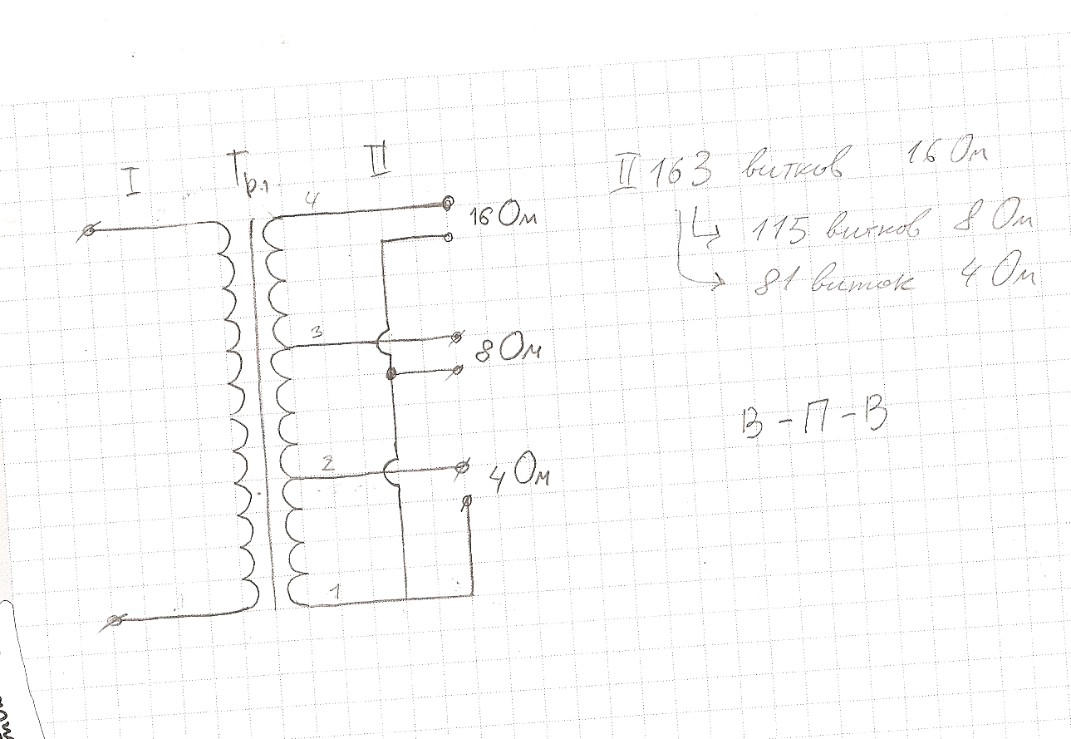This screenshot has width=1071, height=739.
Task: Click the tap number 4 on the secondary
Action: (x=309, y=200)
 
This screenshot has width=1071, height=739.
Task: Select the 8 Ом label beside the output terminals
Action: (x=506, y=350)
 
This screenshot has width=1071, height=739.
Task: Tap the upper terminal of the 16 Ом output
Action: (x=447, y=202)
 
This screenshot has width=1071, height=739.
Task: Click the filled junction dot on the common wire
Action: (x=391, y=374)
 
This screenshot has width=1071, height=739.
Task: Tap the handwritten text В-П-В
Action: (x=808, y=421)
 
